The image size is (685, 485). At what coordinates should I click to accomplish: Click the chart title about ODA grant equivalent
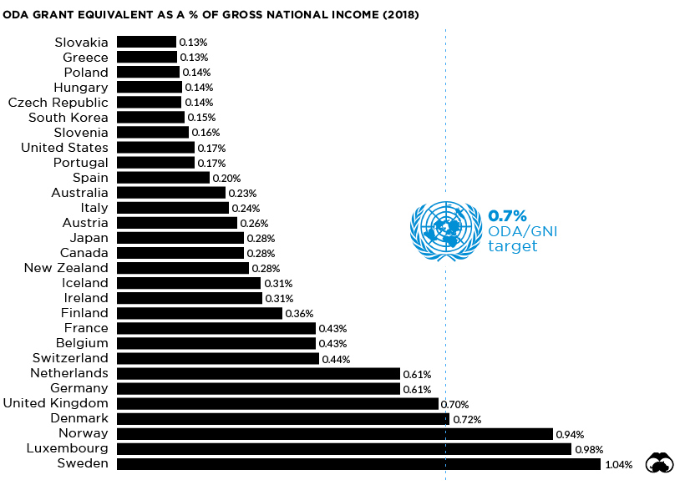[211, 15]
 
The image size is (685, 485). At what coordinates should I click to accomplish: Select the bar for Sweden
[359, 464]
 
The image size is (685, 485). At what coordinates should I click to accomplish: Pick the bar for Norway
[334, 434]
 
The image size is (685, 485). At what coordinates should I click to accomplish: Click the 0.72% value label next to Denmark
[466, 419]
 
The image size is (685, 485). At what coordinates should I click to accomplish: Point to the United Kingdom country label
[56, 404]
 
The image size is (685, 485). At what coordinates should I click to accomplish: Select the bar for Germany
[258, 389]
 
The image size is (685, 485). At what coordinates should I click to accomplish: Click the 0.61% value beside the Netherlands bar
[417, 374]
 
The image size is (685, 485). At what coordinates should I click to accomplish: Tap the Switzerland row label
[70, 359]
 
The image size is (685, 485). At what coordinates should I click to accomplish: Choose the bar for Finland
[200, 314]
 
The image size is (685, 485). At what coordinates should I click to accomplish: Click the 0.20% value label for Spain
[226, 178]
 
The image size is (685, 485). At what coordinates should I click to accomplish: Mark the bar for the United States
[155, 148]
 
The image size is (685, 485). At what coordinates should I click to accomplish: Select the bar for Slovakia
[146, 42]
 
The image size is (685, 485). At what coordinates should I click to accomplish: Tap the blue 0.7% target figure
[508, 216]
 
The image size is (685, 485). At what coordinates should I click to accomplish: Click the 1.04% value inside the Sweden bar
[619, 465]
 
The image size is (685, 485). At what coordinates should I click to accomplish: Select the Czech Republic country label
[58, 103]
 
